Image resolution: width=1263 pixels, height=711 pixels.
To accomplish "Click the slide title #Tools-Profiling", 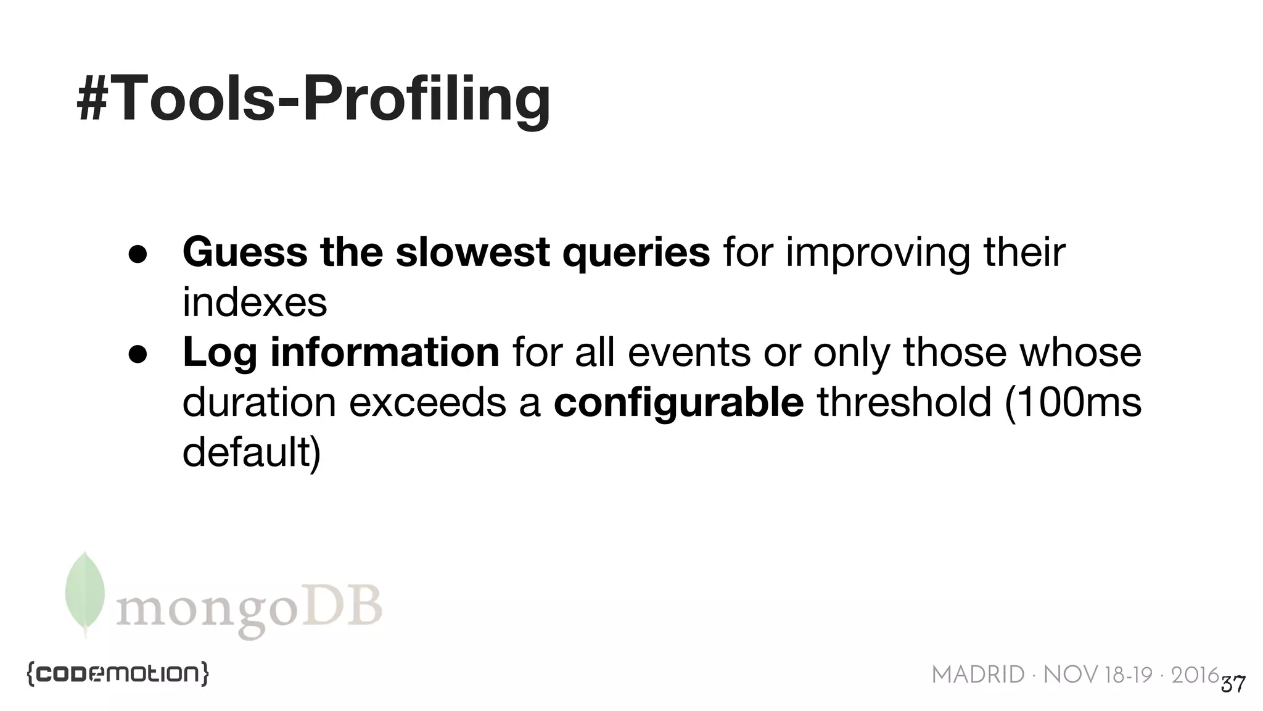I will point(313,99).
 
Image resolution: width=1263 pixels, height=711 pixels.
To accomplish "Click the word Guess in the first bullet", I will point(245,252).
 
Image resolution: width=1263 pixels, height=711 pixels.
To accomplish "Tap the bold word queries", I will point(636,254).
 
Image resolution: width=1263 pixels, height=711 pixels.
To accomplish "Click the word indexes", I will point(255,302).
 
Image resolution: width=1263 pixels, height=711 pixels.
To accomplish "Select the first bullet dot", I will point(138,254).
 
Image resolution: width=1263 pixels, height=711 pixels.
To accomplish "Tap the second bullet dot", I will point(138,354).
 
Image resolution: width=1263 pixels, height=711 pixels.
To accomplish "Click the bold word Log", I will point(219,354).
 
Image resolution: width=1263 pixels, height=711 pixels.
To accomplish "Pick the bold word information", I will point(385,352).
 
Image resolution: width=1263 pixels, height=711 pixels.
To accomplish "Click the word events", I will point(689,352).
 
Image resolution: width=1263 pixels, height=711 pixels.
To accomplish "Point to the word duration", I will point(259,402).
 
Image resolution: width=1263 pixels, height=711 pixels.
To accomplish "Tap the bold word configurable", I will point(678,403).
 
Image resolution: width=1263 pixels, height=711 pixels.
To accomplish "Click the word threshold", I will point(904,402).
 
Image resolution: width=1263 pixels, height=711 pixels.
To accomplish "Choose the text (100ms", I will point(1072,402).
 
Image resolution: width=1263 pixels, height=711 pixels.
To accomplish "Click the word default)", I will point(252,452).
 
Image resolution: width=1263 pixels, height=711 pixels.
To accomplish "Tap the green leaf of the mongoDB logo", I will point(84,592).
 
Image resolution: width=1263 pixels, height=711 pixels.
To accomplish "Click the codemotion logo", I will point(118,673).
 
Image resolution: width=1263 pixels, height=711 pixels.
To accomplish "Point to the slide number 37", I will point(1233,684).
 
